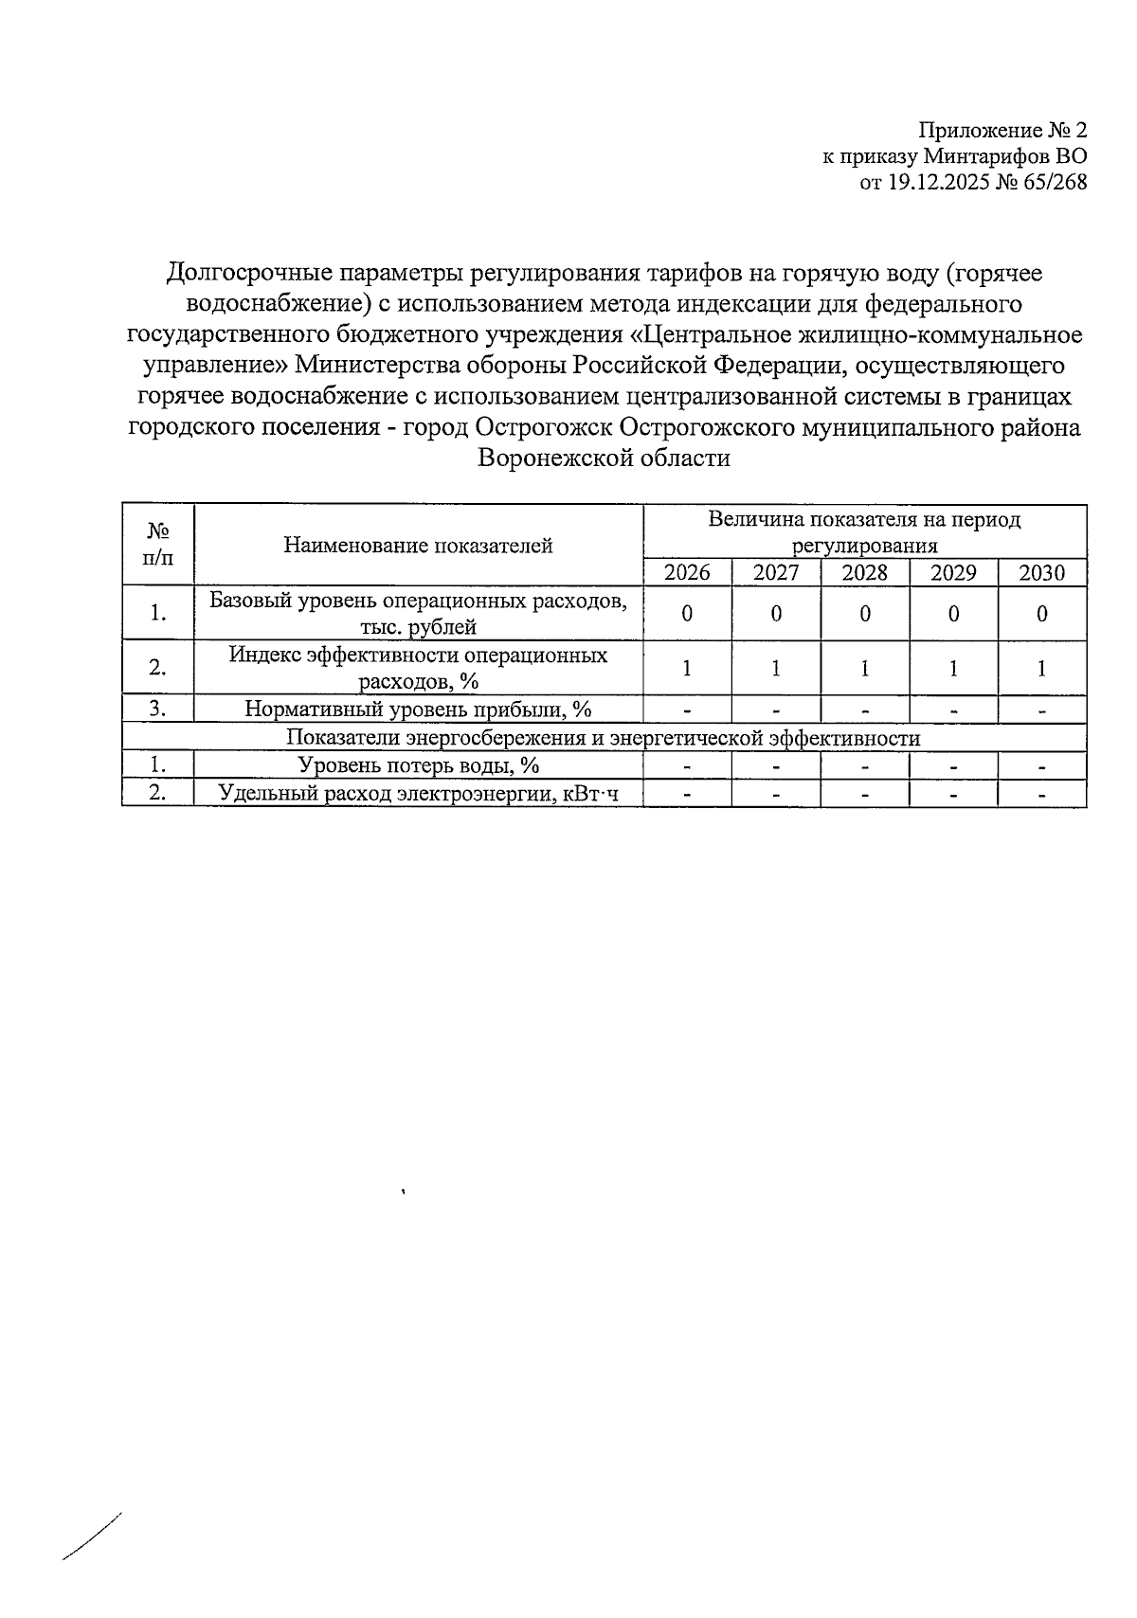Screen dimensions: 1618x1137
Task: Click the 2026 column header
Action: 687,572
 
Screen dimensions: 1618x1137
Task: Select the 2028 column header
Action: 864,572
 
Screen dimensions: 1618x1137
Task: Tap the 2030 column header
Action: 1041,572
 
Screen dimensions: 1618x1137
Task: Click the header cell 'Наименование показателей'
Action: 418,545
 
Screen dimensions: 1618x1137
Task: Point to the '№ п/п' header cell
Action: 158,545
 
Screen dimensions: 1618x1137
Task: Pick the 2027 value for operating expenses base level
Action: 776,614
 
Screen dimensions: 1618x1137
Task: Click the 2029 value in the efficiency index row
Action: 953,668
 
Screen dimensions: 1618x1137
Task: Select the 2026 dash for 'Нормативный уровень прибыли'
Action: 687,710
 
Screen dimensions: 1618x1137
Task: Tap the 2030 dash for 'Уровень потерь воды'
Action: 1041,766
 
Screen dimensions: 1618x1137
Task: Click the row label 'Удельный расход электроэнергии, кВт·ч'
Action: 418,794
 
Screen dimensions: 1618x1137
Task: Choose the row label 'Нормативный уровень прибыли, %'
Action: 418,710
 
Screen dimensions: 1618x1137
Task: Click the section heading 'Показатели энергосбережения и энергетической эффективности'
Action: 604,738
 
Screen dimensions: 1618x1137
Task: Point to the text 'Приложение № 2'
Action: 1003,130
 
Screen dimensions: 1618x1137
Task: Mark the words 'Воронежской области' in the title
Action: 604,458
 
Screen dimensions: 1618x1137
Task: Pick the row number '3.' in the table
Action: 158,710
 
